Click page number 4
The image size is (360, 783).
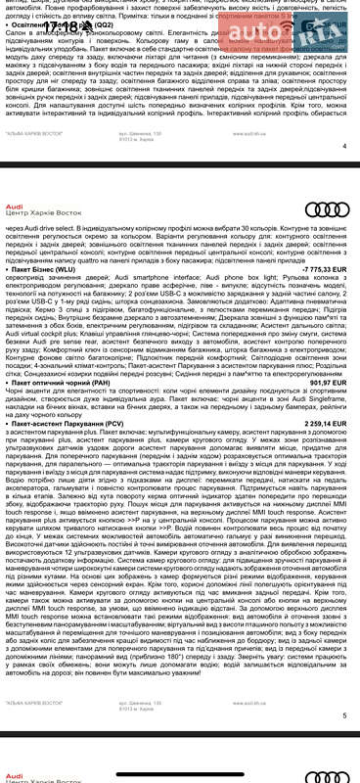[344, 146]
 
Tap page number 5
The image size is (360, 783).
[344, 743]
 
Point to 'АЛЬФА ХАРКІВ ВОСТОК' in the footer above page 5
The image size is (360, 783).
[34, 731]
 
